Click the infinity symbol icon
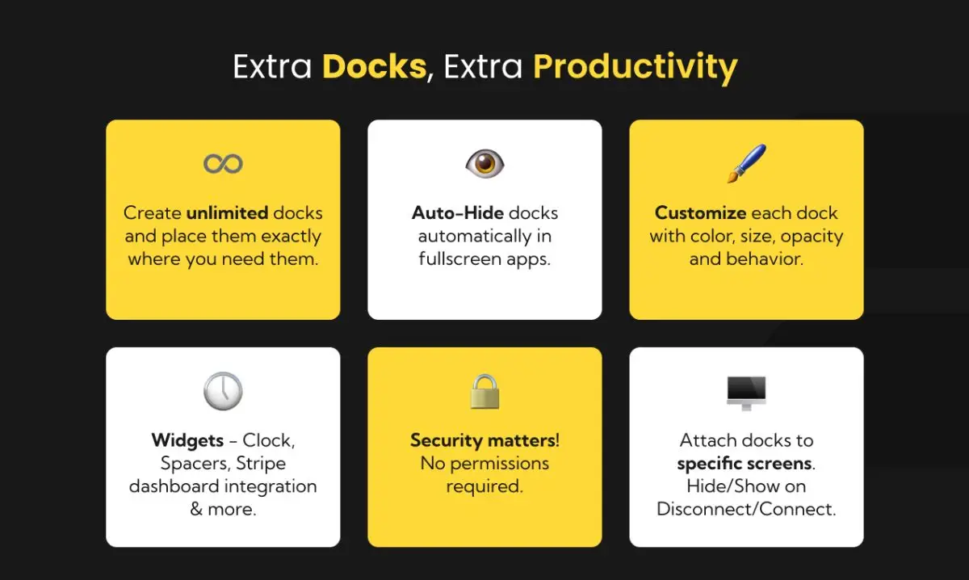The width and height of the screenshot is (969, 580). point(223,164)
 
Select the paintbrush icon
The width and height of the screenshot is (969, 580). point(746,163)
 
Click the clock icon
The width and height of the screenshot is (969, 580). point(223,392)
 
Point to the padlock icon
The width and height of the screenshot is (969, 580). point(484,391)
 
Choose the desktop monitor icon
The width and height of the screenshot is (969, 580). point(746,393)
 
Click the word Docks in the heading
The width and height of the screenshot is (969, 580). point(374,66)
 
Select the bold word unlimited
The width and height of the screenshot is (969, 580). point(227,213)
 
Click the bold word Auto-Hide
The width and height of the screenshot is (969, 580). point(458,213)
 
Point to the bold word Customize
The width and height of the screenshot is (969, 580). point(700,213)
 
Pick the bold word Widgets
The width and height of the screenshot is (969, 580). point(187,441)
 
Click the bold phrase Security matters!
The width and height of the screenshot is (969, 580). point(484,441)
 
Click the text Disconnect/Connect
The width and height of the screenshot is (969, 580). point(745,510)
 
